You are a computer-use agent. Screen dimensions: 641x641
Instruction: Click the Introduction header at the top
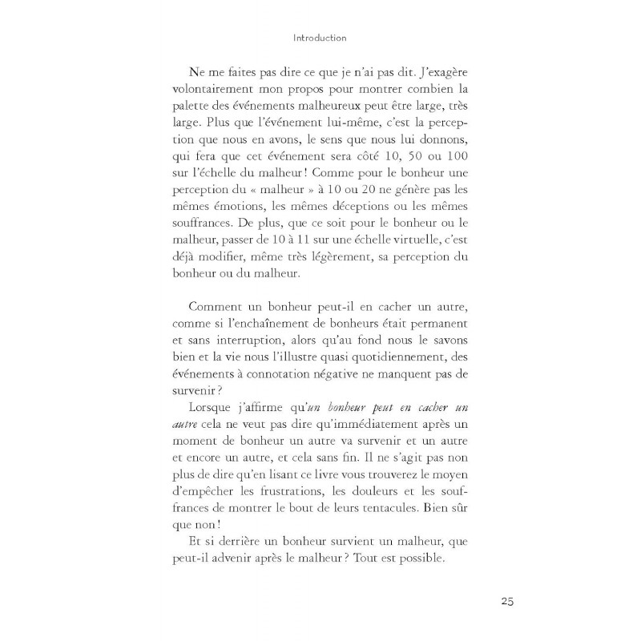[x=320, y=37]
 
